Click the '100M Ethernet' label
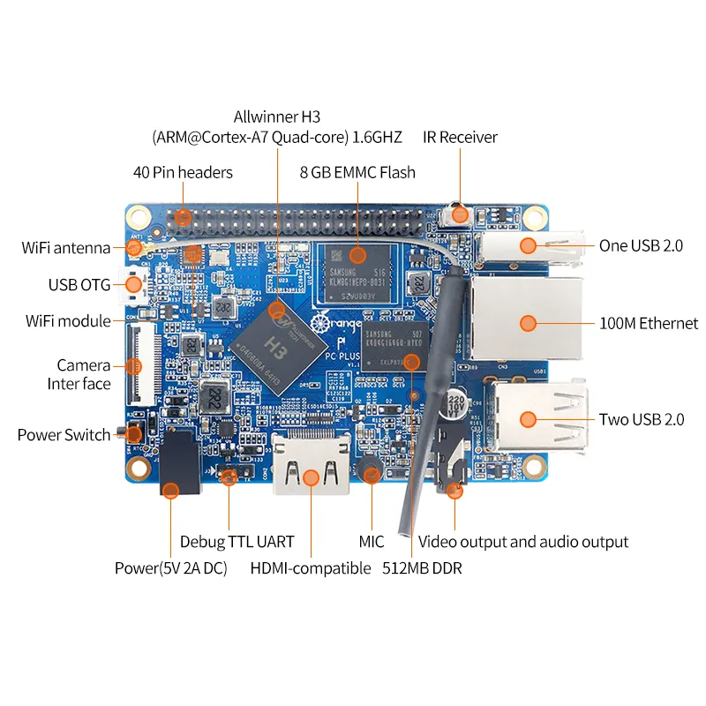[x=649, y=324]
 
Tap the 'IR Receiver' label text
[x=459, y=137]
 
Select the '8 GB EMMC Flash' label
[x=357, y=172]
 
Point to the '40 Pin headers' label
[x=183, y=172]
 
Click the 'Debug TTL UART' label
[x=237, y=541]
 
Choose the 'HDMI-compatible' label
[x=311, y=567]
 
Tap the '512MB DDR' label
[x=422, y=567]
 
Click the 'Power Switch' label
[x=64, y=435]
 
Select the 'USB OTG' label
[x=79, y=284]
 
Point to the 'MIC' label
[x=372, y=541]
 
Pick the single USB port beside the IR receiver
[x=529, y=247]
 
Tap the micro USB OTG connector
[x=134, y=285]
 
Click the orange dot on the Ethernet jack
[x=528, y=323]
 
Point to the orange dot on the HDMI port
[x=311, y=477]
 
